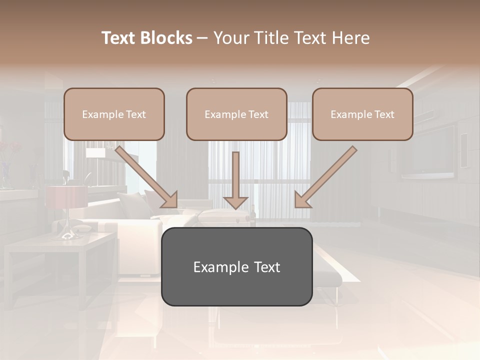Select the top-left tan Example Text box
(114, 114)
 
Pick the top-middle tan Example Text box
(236, 114)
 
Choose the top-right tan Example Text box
(362, 114)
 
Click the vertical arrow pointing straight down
(235, 175)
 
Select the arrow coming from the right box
(326, 177)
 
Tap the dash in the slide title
(202, 38)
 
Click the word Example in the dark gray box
(220, 267)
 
